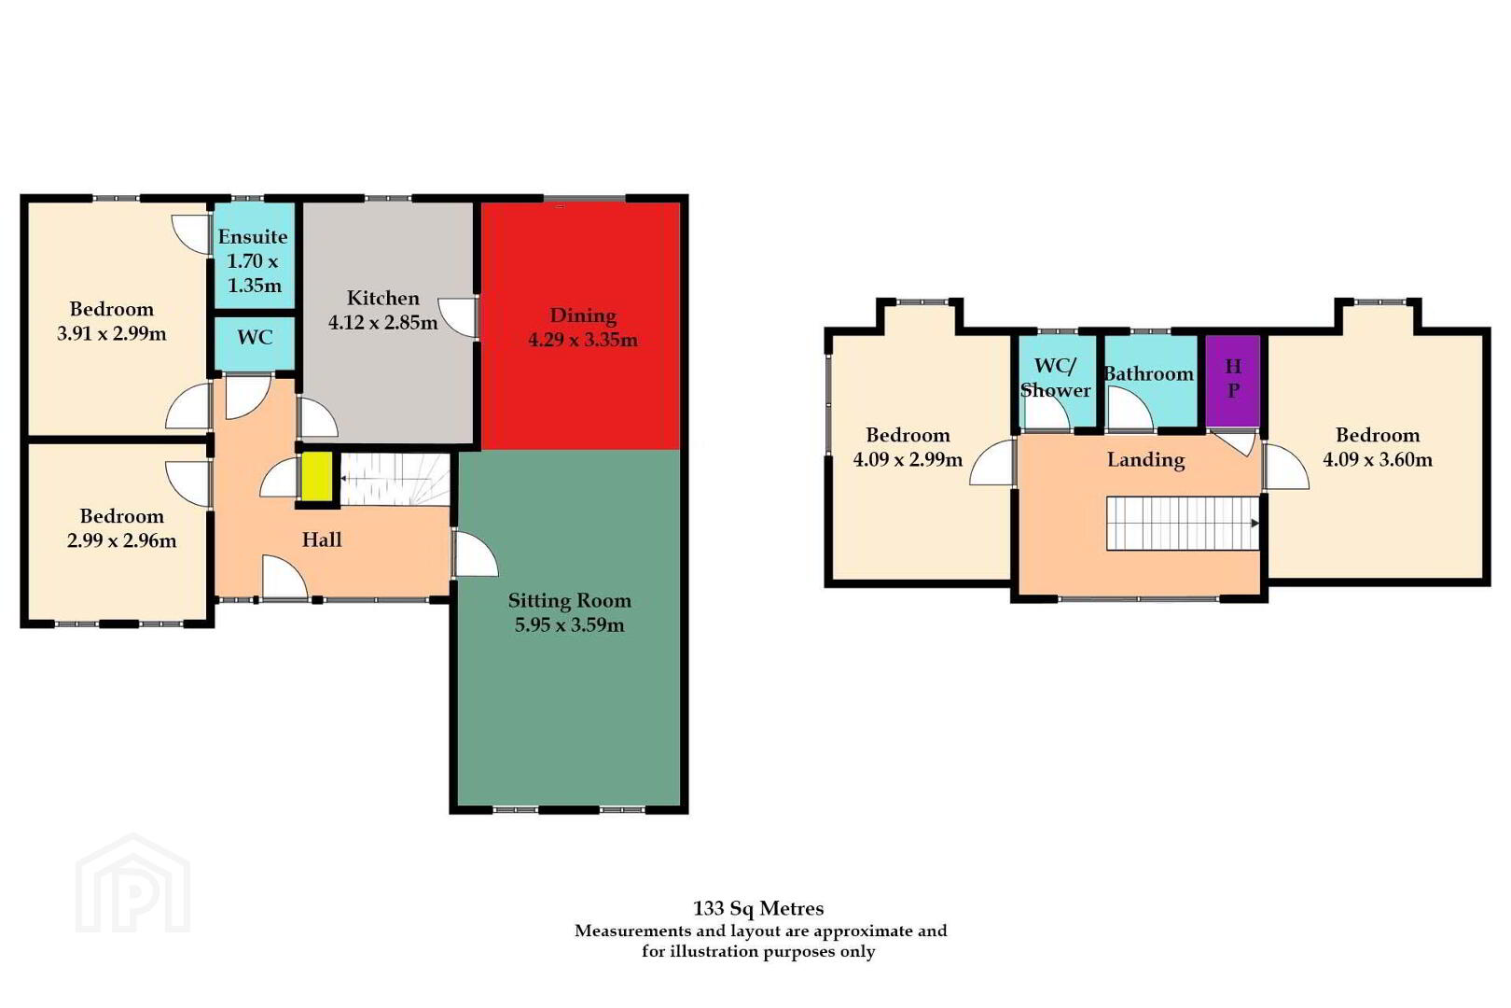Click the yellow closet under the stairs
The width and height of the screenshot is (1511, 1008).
tap(315, 476)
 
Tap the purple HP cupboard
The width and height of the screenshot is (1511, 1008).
tap(1232, 381)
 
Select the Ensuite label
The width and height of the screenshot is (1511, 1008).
tap(253, 237)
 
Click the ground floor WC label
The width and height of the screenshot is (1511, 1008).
tap(255, 338)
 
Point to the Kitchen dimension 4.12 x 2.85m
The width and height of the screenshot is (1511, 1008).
tap(383, 323)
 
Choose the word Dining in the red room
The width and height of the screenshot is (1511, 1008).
tap(583, 316)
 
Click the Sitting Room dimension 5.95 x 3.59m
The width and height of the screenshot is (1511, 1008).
tap(569, 625)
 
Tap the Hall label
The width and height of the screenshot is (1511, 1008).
tap(322, 539)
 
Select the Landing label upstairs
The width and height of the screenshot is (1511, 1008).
tap(1146, 460)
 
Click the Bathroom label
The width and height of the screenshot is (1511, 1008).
tap(1149, 374)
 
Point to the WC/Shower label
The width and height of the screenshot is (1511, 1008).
tap(1055, 378)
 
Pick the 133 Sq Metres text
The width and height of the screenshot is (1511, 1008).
tap(758, 909)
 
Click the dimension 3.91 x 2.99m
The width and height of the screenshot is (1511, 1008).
tap(111, 333)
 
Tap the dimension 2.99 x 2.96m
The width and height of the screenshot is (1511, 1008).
tap(121, 540)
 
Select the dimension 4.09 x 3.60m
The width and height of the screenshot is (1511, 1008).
tap(1378, 460)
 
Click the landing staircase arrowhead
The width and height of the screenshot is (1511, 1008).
tap(1255, 524)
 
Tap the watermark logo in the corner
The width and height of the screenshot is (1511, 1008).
tap(132, 884)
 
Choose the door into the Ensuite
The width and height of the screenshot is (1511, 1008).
tap(191, 234)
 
